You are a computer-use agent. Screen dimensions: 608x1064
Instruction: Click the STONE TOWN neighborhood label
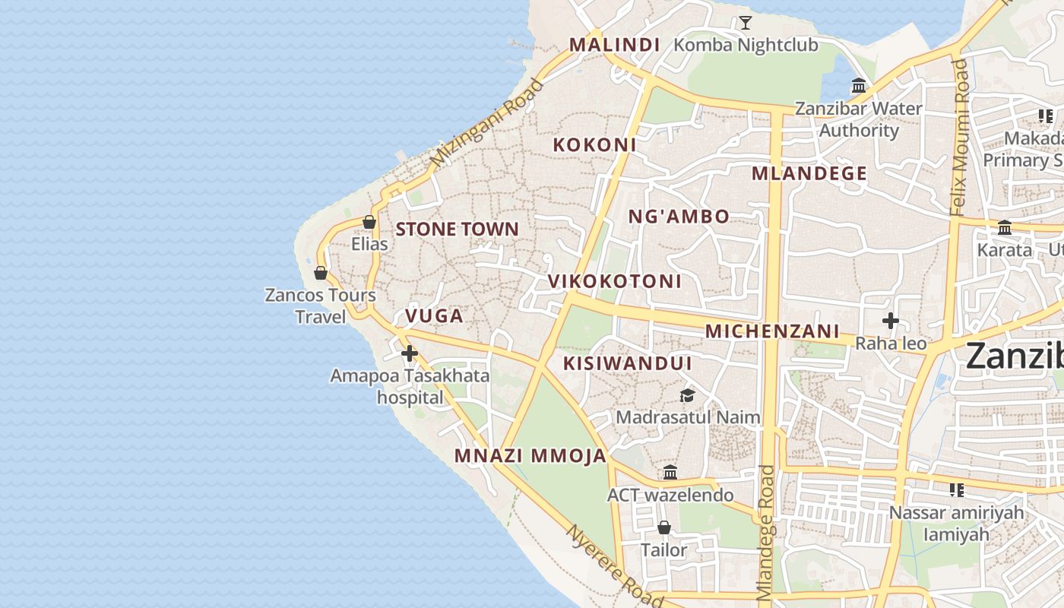pyautogui.click(x=457, y=229)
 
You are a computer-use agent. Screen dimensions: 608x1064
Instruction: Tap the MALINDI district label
pyautogui.click(x=614, y=44)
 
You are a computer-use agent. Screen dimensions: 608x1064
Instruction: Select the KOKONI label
pyautogui.click(x=594, y=144)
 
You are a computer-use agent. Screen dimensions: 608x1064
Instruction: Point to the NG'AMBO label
pyautogui.click(x=679, y=217)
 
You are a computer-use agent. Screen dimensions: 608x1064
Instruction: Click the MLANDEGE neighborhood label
pyautogui.click(x=809, y=173)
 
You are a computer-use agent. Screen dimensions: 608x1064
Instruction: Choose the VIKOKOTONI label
pyautogui.click(x=615, y=281)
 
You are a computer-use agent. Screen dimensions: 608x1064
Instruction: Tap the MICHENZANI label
pyautogui.click(x=772, y=331)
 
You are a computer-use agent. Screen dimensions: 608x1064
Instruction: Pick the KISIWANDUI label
pyautogui.click(x=627, y=363)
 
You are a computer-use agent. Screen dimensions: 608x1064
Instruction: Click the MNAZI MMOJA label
pyautogui.click(x=530, y=456)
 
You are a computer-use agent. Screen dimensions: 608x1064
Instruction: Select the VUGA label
pyautogui.click(x=434, y=316)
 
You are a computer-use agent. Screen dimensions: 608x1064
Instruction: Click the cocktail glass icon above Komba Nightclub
pyautogui.click(x=746, y=23)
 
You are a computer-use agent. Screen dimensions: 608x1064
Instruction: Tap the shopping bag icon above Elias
pyautogui.click(x=369, y=222)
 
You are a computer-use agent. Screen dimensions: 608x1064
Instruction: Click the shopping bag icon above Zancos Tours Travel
pyautogui.click(x=321, y=273)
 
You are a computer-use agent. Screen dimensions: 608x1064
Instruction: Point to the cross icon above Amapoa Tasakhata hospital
pyautogui.click(x=410, y=353)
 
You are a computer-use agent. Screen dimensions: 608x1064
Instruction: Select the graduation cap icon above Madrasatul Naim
pyautogui.click(x=687, y=395)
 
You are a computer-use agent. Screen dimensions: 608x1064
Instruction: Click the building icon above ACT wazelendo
pyautogui.click(x=670, y=473)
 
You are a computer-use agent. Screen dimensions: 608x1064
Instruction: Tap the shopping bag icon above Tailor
pyautogui.click(x=664, y=527)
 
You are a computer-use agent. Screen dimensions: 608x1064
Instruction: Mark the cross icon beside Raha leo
pyautogui.click(x=891, y=321)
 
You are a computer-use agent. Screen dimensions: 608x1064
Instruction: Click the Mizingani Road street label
pyautogui.click(x=486, y=123)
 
